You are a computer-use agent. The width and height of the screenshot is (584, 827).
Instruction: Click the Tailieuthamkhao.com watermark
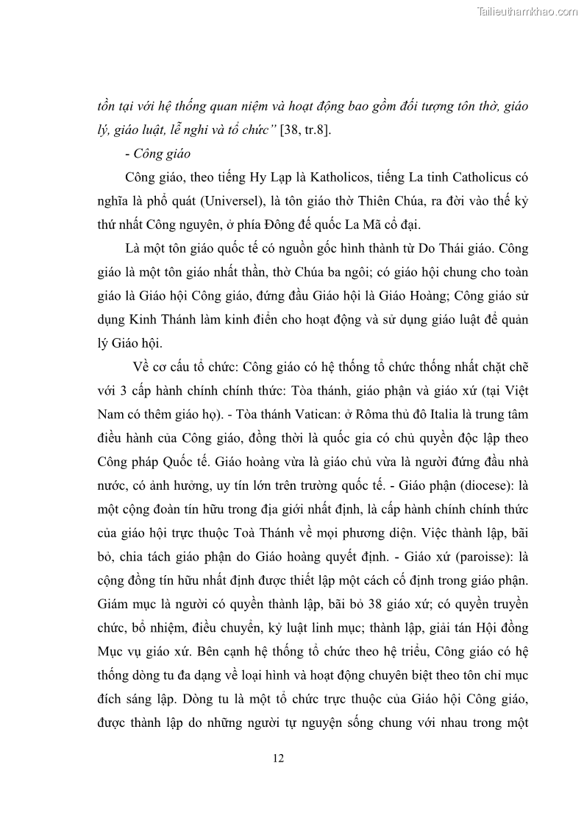[x=528, y=11]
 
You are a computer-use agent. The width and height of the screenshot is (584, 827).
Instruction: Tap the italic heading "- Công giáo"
[x=157, y=154]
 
